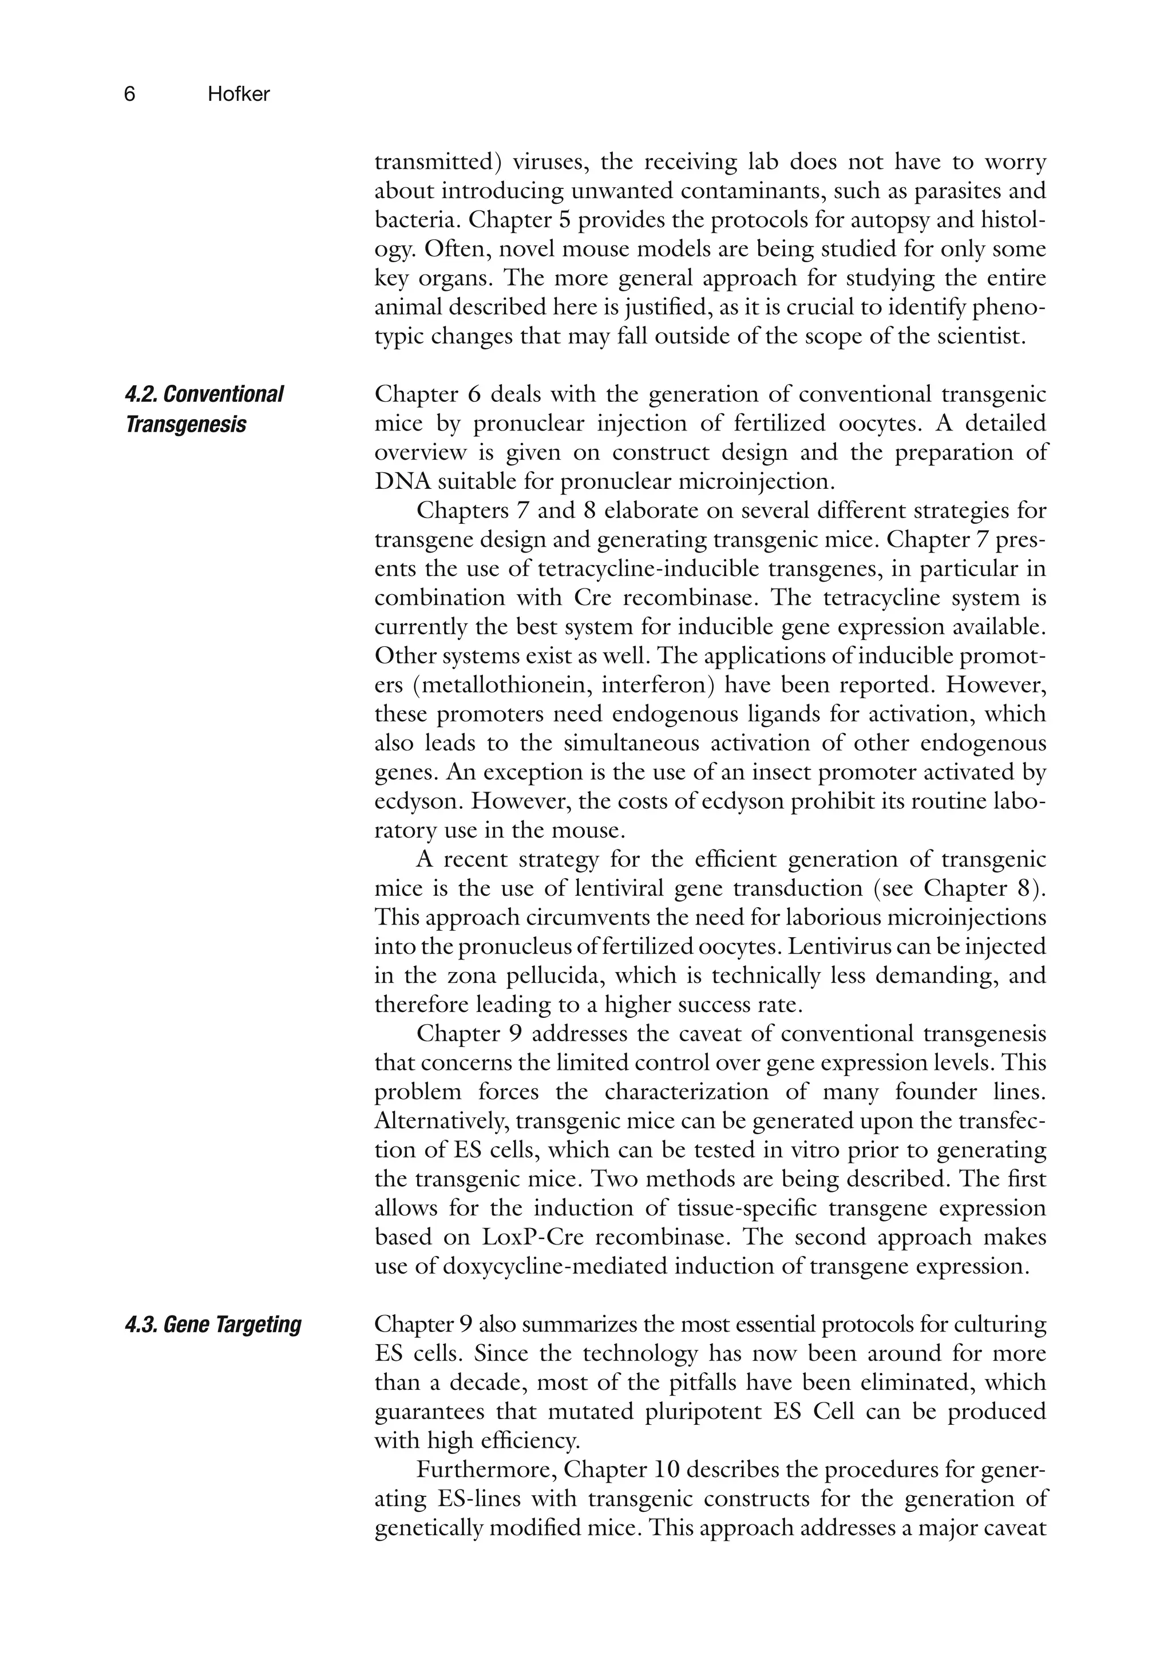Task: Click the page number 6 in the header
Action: tap(129, 94)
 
